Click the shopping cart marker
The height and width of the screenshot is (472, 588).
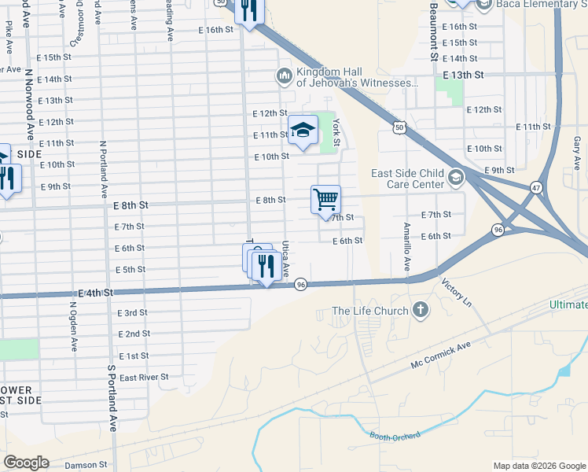click(325, 199)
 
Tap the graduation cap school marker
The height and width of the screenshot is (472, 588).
click(303, 131)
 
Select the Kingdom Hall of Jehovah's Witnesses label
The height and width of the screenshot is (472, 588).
click(355, 76)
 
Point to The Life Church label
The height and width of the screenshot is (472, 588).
click(369, 311)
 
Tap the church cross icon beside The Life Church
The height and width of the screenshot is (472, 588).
click(421, 309)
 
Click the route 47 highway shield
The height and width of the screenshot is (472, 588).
click(536, 188)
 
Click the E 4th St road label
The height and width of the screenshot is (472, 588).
click(97, 292)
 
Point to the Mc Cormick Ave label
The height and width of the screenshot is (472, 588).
click(440, 356)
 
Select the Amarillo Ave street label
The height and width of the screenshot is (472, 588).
click(407, 245)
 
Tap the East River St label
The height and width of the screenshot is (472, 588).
click(144, 378)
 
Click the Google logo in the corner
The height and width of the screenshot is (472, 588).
click(26, 463)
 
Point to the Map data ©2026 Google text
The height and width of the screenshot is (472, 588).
click(539, 466)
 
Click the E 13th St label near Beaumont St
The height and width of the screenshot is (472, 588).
click(463, 74)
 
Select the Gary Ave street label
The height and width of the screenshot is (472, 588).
click(577, 152)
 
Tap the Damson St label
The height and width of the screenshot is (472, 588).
click(86, 465)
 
